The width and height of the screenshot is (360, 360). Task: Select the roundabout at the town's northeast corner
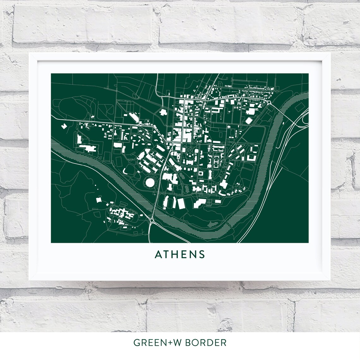tap(269, 102)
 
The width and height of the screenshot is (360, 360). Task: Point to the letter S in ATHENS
tap(202, 254)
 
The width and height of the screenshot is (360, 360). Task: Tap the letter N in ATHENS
tap(193, 254)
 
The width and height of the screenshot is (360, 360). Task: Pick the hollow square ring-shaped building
tap(200, 173)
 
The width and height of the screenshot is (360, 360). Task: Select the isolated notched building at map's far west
tap(64, 126)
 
